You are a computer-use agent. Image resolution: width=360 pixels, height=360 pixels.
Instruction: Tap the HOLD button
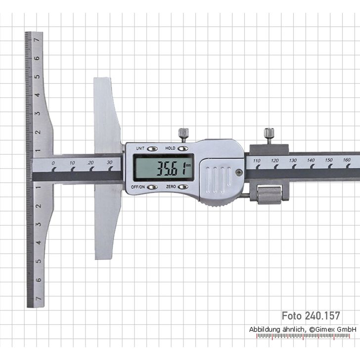click(x=183, y=148)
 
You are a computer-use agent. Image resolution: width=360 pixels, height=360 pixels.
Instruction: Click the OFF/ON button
click(x=152, y=187)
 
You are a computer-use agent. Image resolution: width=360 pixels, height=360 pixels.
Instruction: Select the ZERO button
click(x=183, y=187)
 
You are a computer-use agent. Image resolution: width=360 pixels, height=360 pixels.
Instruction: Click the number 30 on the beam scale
click(x=109, y=162)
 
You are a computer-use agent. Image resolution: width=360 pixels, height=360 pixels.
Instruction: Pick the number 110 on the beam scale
click(x=256, y=161)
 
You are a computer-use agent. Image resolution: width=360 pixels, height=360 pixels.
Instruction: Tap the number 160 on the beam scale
click(x=346, y=160)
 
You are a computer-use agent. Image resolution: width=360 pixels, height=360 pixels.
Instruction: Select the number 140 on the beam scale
click(x=311, y=160)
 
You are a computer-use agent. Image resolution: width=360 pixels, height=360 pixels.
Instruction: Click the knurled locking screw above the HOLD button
click(x=183, y=133)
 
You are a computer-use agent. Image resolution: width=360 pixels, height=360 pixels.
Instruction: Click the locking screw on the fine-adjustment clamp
click(x=269, y=134)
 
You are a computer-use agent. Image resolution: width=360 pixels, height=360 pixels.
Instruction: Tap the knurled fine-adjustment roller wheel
click(x=268, y=193)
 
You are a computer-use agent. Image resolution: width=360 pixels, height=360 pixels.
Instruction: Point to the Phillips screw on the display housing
click(x=239, y=173)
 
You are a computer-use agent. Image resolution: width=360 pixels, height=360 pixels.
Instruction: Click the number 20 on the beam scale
click(x=91, y=163)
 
